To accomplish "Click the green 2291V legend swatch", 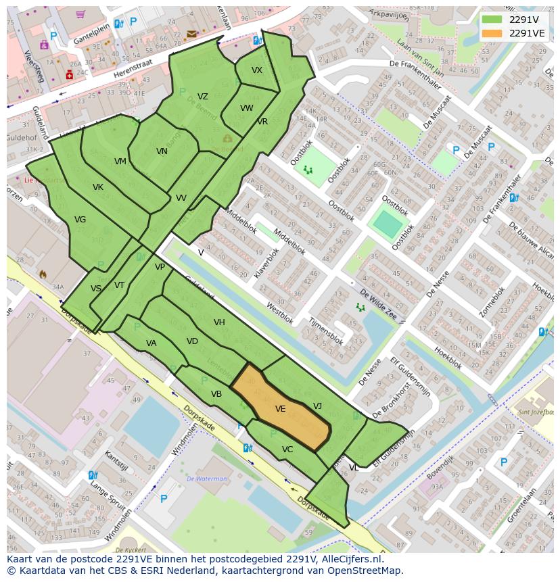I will click(x=492, y=19).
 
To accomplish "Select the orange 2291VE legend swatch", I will click(x=492, y=33).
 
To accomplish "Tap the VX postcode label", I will click(x=257, y=70).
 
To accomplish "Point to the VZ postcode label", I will click(x=203, y=97).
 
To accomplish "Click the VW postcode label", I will click(x=247, y=108).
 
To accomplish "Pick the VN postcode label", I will click(x=162, y=151).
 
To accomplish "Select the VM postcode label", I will click(x=120, y=162).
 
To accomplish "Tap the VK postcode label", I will click(x=98, y=187).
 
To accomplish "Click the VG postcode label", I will click(x=80, y=220).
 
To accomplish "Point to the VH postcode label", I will click(x=219, y=322).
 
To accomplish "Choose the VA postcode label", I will click(x=151, y=343).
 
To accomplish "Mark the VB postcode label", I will click(x=216, y=394).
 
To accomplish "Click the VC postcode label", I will click(x=287, y=450).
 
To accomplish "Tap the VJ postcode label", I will click(x=318, y=406).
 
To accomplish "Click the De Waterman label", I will click(x=207, y=479).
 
